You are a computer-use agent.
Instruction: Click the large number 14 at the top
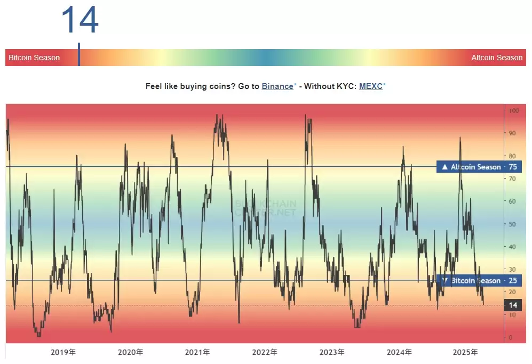click(80, 20)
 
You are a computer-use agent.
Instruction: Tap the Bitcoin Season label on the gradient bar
click(34, 58)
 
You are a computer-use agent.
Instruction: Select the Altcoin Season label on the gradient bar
click(497, 58)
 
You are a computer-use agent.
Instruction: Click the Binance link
click(277, 86)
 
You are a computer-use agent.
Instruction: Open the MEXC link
click(370, 86)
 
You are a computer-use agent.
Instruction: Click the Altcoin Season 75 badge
click(479, 167)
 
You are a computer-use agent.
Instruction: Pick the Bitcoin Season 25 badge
click(479, 280)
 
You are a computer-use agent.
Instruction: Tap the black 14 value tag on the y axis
click(512, 305)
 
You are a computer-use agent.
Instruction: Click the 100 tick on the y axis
click(514, 111)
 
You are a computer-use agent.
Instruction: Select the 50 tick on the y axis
click(513, 224)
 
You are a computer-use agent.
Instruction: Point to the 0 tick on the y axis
click(511, 337)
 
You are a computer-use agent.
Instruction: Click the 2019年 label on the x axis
click(63, 352)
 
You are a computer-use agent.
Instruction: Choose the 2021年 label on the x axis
click(197, 352)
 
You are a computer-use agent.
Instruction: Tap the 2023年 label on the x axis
click(331, 352)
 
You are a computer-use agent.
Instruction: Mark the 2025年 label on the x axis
click(465, 352)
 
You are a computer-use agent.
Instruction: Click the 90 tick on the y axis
click(513, 133)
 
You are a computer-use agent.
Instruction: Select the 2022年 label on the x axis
click(265, 352)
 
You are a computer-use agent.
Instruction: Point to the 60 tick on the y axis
click(513, 201)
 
